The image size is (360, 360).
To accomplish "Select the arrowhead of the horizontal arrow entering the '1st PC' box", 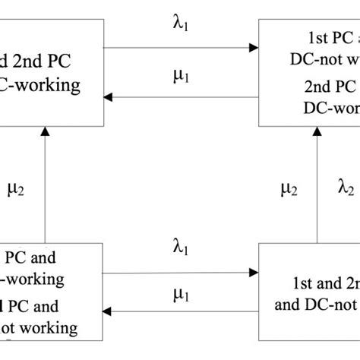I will (x=252, y=48).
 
